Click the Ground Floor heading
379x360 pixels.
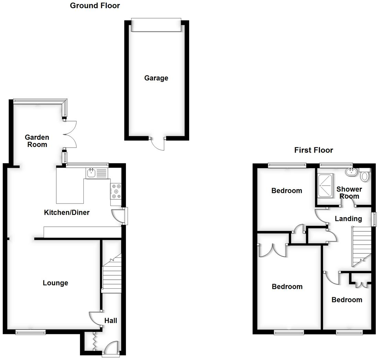(x=95, y=5)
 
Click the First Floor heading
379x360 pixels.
(x=313, y=150)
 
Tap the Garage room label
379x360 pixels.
(x=156, y=78)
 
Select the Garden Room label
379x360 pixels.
(x=37, y=141)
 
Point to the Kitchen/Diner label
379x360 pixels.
(x=67, y=212)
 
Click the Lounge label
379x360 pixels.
(x=55, y=283)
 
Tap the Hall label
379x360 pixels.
(x=111, y=321)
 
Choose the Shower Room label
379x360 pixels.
(x=349, y=193)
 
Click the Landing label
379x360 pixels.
(x=348, y=219)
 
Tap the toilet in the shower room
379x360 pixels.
(x=365, y=175)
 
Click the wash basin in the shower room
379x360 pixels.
(x=351, y=172)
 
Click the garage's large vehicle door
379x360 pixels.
(x=156, y=26)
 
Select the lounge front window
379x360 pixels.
(x=31, y=332)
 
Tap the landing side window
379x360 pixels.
(x=374, y=219)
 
